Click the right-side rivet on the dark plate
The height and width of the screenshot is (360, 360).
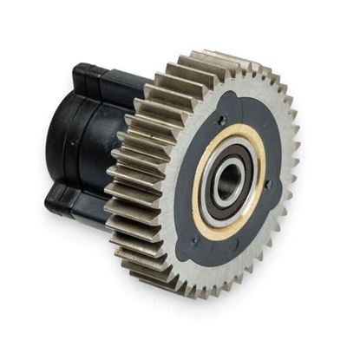(269, 184)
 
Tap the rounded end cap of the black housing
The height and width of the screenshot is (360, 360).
(61, 143)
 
